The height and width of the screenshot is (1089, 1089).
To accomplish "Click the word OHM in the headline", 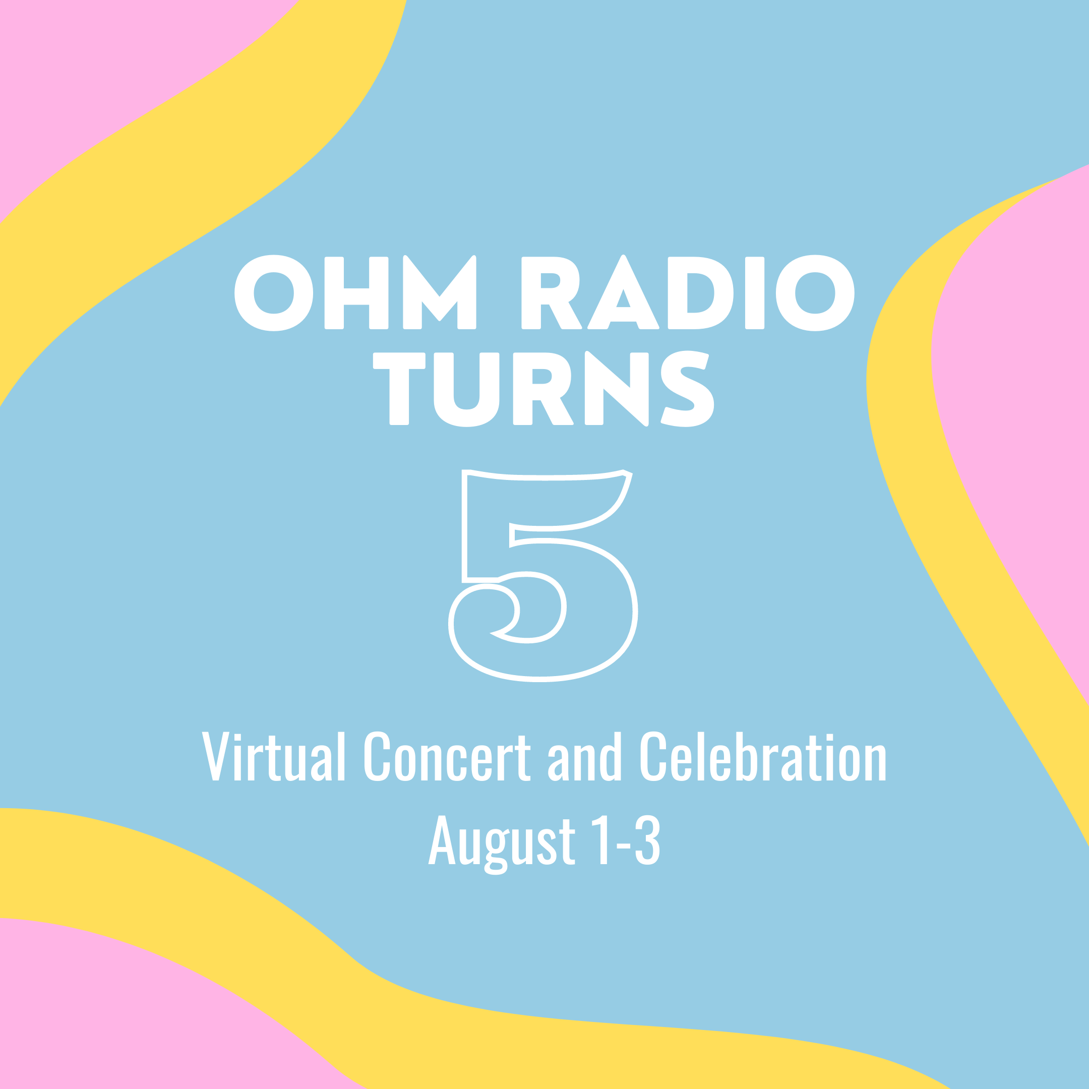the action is point(355,293).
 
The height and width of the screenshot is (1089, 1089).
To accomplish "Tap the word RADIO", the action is point(688,293).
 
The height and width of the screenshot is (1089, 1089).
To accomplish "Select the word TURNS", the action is point(543,388).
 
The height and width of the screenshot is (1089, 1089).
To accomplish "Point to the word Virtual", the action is point(273,756).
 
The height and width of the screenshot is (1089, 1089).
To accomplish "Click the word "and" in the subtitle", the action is point(584,756).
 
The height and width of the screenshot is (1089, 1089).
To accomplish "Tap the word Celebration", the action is point(763,756).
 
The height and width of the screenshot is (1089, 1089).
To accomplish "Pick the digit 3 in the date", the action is point(648,840).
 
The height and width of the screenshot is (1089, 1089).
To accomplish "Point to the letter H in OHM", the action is point(356,293).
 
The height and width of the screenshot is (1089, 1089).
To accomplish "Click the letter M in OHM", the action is point(440,293).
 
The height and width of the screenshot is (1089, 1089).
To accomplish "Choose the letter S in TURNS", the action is point(687,388).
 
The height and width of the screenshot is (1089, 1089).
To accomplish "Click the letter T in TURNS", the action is point(399,388).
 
